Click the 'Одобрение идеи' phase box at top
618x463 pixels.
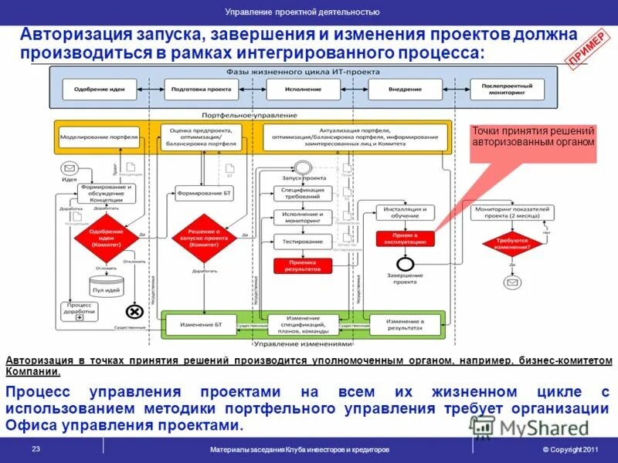(100, 90)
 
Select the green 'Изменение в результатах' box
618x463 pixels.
(404, 324)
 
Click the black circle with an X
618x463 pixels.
(134, 312)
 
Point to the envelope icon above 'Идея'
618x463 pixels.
(69, 168)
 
